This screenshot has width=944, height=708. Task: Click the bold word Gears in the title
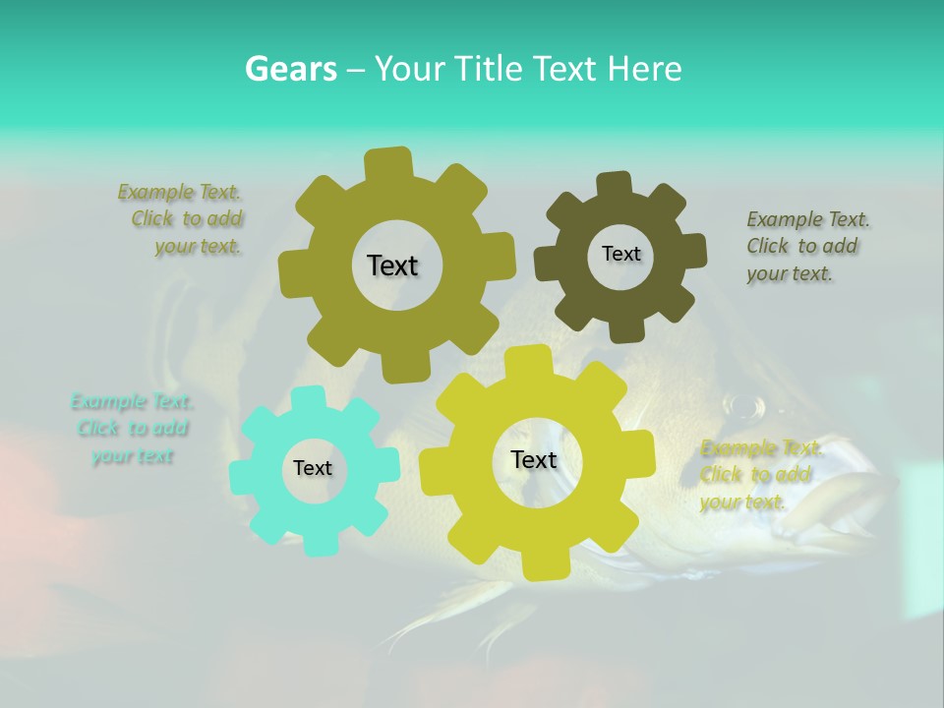(x=290, y=69)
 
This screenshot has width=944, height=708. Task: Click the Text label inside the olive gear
(x=392, y=265)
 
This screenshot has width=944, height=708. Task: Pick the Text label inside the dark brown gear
(x=620, y=254)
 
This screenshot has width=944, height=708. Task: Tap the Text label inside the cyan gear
(x=313, y=468)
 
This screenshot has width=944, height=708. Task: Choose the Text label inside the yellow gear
(x=534, y=459)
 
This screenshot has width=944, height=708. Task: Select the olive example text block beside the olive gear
(x=183, y=219)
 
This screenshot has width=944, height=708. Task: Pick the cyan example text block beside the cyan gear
(x=132, y=429)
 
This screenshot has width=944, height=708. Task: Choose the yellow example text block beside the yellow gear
(x=757, y=475)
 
